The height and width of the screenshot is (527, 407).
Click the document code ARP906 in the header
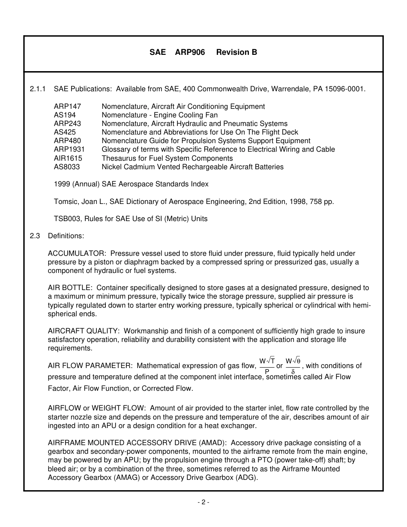point(190,52)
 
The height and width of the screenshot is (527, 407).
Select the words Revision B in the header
point(236,52)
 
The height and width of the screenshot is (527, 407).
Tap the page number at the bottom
point(203,502)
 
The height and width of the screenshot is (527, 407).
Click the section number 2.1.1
point(38,89)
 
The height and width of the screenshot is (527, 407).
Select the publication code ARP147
point(67,106)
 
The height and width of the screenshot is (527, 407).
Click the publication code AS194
point(65,115)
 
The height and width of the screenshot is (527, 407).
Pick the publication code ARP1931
point(69,150)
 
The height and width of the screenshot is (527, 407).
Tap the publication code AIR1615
point(68,158)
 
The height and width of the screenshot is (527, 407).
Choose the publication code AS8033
point(66,167)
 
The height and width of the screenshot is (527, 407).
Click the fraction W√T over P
point(267,365)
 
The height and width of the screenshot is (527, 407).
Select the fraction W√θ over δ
point(293,365)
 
